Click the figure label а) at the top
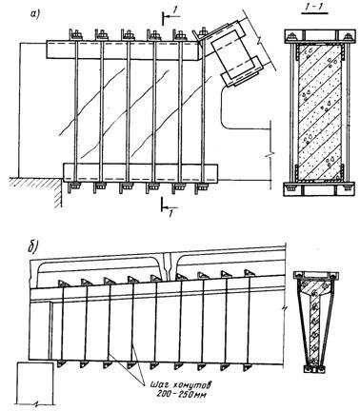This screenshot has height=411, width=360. click(x=34, y=14)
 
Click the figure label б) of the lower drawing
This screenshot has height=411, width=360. click(x=32, y=247)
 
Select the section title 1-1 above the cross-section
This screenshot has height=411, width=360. click(x=314, y=8)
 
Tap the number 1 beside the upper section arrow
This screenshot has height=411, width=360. click(x=174, y=10)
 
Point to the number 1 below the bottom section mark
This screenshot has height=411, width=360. click(x=170, y=214)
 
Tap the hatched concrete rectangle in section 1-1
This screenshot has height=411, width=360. click(x=320, y=112)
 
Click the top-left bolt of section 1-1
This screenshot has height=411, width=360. click(x=290, y=38)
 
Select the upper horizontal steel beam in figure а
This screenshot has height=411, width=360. click(x=123, y=50)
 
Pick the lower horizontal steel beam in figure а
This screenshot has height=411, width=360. click(x=141, y=173)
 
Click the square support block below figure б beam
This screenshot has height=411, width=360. click(x=34, y=382)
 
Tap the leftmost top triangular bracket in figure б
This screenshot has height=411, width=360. click(x=62, y=283)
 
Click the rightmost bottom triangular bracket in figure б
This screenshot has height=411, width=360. click(x=248, y=367)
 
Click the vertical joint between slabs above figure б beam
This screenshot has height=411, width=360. click(x=168, y=265)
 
